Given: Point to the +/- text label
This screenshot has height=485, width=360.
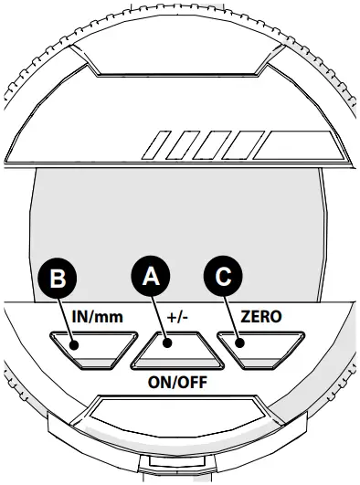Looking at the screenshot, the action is pos(177,317).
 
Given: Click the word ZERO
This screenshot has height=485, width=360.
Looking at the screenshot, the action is pos(261,316).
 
